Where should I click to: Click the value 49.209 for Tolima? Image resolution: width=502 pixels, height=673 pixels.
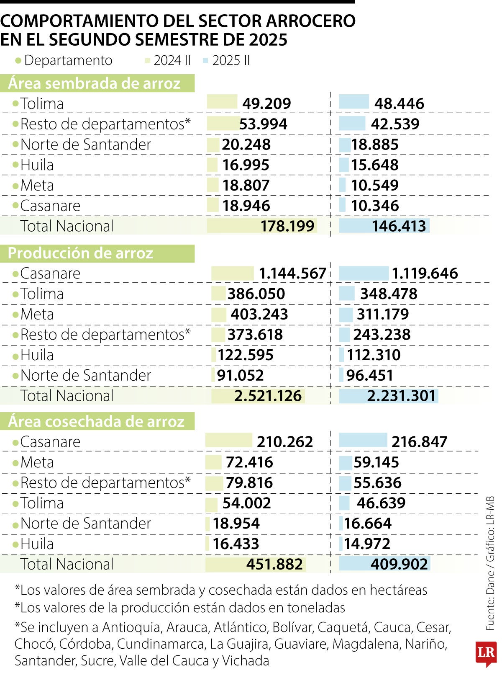click(x=266, y=103)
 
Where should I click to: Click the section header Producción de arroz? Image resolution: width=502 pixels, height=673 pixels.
click(x=81, y=253)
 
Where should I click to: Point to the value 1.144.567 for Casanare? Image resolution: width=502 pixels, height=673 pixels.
click(x=292, y=273)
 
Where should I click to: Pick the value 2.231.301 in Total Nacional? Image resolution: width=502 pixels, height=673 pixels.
click(x=401, y=396)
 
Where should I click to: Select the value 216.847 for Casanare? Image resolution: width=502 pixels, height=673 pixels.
click(x=419, y=442)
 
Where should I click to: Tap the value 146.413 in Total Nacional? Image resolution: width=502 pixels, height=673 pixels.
click(x=399, y=226)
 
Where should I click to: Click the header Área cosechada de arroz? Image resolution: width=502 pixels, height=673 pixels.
click(x=96, y=421)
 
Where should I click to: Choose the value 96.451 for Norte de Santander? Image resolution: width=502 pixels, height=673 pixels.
click(x=370, y=375)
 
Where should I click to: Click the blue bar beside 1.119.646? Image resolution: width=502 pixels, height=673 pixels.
click(x=364, y=273)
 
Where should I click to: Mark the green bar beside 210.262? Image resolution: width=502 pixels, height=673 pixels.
click(x=229, y=441)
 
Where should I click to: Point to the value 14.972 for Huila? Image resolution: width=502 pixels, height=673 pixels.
click(x=367, y=544)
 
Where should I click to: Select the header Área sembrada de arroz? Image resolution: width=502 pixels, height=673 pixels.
click(x=94, y=83)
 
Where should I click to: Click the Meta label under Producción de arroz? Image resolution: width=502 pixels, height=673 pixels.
click(x=37, y=315)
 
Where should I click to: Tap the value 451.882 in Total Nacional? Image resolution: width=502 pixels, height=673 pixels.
click(x=274, y=565)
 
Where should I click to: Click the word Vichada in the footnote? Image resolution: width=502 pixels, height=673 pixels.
click(x=246, y=661)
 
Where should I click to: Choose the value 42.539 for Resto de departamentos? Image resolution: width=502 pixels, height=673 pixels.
click(x=395, y=124)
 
